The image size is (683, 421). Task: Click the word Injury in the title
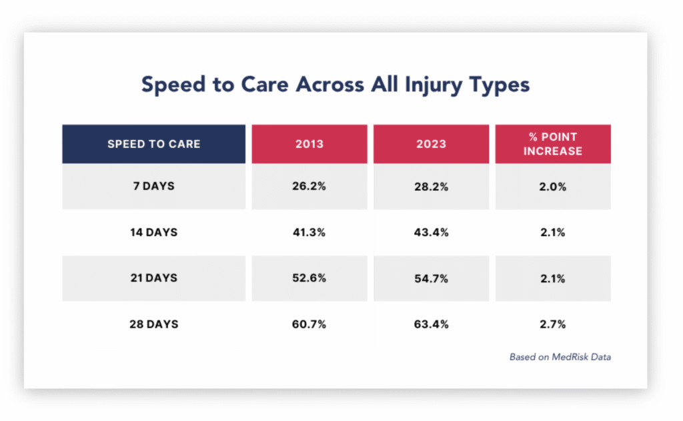point(433,85)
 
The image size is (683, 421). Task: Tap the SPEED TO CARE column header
point(154,144)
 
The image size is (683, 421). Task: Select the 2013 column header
point(309,144)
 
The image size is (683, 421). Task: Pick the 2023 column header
point(432,144)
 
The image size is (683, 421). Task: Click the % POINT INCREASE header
point(553,144)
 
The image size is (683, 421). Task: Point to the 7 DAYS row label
point(154,186)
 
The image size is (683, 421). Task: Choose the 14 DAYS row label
point(154,232)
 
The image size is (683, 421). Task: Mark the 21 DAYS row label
point(154,278)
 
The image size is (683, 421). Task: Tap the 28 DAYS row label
point(154,324)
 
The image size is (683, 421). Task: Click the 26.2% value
point(309,186)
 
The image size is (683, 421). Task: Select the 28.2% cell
point(432,187)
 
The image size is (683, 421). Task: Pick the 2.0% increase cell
point(553,187)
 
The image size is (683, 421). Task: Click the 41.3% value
point(309,232)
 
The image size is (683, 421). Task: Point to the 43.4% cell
point(432,232)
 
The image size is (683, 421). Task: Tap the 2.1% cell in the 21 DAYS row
point(553,278)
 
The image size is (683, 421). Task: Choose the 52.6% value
point(309,278)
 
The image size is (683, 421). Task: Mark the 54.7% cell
point(432,278)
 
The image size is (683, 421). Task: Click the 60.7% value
point(309,324)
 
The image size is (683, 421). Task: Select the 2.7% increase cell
point(553,324)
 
